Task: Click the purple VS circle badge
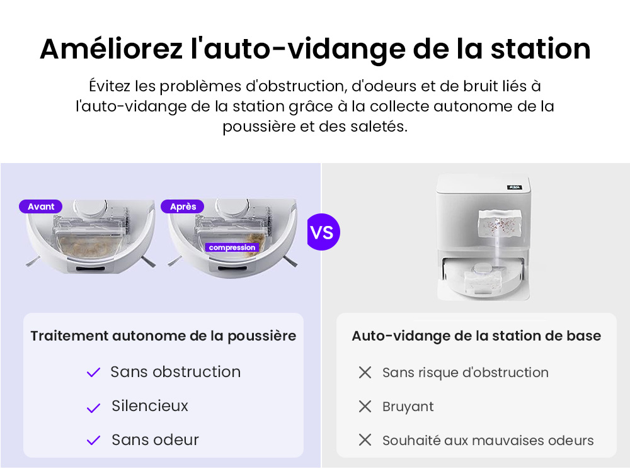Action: tap(323, 232)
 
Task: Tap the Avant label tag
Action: tap(41, 206)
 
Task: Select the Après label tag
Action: tap(183, 206)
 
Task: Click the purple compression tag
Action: tap(232, 247)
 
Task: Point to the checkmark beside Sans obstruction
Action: tap(93, 373)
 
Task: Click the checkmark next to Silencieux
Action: tap(93, 407)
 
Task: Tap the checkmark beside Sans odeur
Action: tap(93, 441)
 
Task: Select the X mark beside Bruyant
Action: tap(365, 407)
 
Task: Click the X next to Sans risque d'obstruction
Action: tap(365, 373)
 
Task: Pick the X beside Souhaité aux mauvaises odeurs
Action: tap(365, 440)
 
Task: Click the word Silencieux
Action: tap(150, 406)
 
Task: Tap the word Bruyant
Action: tap(408, 407)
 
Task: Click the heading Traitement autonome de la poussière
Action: tap(163, 336)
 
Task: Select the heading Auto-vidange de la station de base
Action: tap(476, 336)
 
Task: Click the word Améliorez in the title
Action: tap(110, 49)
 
